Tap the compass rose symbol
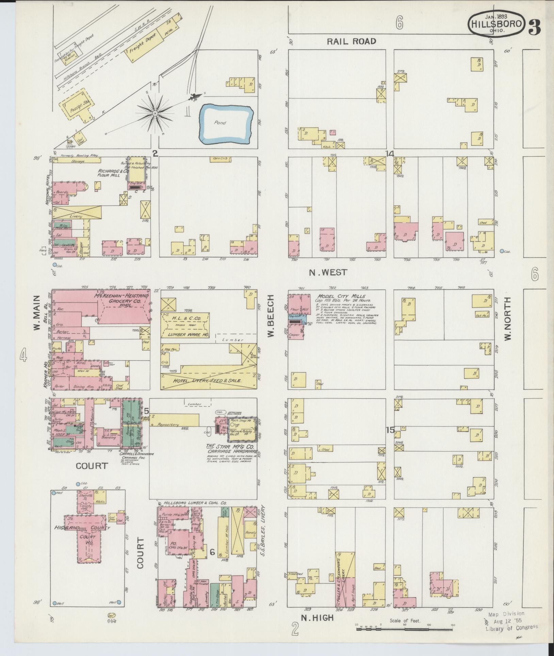(x=155, y=113)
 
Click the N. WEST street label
(x=328, y=272)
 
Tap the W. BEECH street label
(x=271, y=316)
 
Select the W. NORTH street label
(x=508, y=319)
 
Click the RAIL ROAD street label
(x=352, y=42)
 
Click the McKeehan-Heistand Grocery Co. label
(x=122, y=301)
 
